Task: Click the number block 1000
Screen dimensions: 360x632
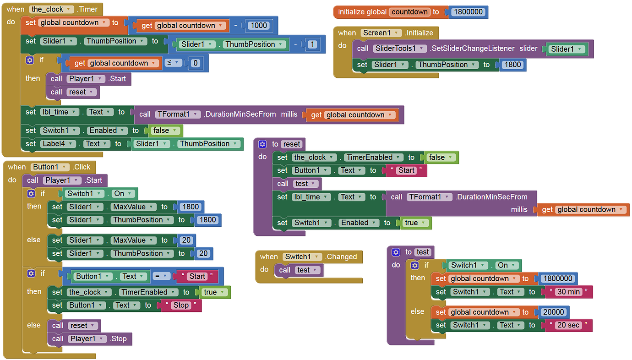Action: click(x=259, y=26)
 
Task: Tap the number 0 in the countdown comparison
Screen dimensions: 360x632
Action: click(x=196, y=63)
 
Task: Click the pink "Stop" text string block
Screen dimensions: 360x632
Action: click(x=181, y=305)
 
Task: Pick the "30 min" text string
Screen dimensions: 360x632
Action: click(x=568, y=292)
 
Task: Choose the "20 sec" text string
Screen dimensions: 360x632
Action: click(x=568, y=325)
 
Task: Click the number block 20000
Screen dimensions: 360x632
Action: click(x=554, y=312)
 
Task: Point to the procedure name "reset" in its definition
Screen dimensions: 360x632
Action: click(x=292, y=144)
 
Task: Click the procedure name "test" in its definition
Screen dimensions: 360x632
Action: click(x=423, y=252)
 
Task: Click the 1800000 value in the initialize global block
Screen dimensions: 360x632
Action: click(x=469, y=12)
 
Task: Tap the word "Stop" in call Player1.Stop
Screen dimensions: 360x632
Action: click(x=119, y=339)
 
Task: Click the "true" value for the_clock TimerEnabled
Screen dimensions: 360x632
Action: click(x=212, y=292)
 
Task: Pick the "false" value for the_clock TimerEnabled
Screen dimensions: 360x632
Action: click(x=439, y=158)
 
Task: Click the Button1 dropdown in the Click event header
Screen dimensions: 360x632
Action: click(x=50, y=167)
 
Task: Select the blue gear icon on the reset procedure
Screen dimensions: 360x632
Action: click(x=262, y=144)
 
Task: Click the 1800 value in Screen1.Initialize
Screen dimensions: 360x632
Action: click(x=512, y=65)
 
